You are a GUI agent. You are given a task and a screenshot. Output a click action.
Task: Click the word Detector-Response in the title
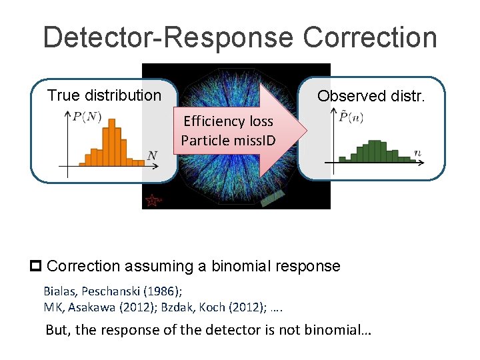tap(167, 37)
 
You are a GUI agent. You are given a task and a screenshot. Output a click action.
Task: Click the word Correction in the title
tap(370, 37)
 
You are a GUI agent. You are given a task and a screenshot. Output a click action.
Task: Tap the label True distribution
tap(104, 95)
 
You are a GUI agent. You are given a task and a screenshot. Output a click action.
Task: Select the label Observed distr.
tap(370, 96)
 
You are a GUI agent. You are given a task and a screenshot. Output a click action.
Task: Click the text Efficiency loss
tap(228, 121)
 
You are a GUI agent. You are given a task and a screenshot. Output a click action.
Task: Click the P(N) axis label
tap(87, 117)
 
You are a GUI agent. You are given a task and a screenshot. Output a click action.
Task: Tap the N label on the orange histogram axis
tap(152, 156)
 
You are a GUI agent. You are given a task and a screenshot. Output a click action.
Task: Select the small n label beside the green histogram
tap(417, 153)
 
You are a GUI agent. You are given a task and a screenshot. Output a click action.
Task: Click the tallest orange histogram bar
tap(111, 142)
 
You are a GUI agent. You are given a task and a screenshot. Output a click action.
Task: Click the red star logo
tap(153, 199)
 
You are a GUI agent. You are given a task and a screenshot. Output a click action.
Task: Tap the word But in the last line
tap(56, 330)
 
